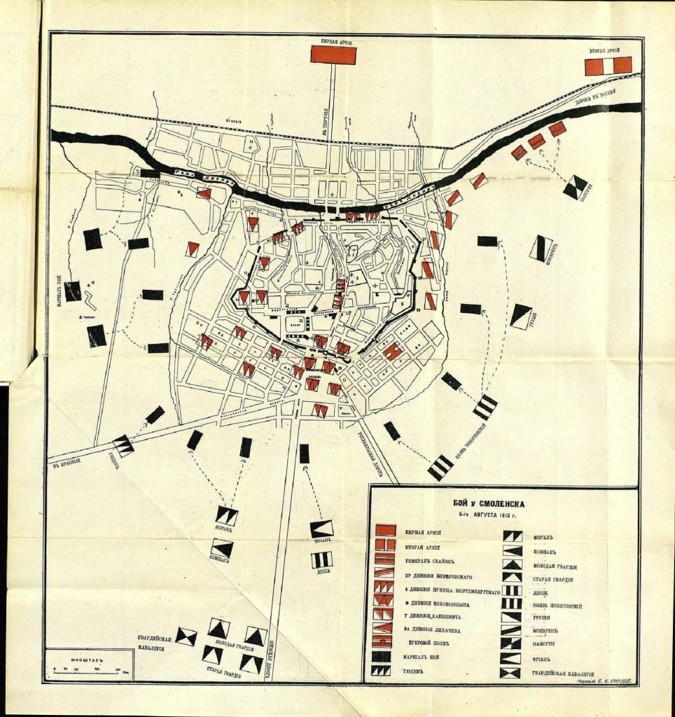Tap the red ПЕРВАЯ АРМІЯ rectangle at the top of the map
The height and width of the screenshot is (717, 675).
coord(333,55)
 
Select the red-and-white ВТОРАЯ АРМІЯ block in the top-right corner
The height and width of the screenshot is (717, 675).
coord(608,65)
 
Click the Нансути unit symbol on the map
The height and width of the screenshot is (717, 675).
coord(575,187)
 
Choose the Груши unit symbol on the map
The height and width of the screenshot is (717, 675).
coord(521,316)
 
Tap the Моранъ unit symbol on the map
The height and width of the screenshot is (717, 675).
coord(227,516)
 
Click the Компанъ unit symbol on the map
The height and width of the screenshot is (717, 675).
coord(223,548)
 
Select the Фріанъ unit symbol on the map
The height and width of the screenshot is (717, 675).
coord(322,529)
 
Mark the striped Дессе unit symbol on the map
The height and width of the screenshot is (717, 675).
coord(322,560)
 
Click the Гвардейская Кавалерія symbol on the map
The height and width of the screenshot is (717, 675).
coord(186,636)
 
